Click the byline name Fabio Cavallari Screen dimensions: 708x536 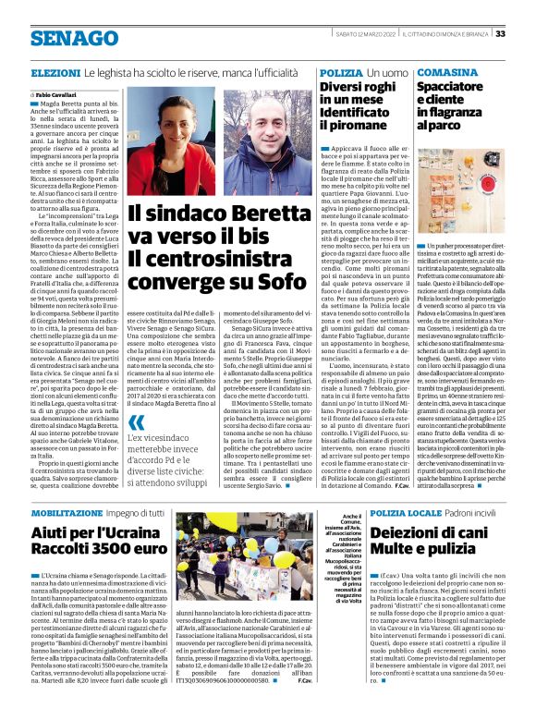click(x=58, y=95)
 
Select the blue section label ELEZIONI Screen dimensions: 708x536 click(x=55, y=72)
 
